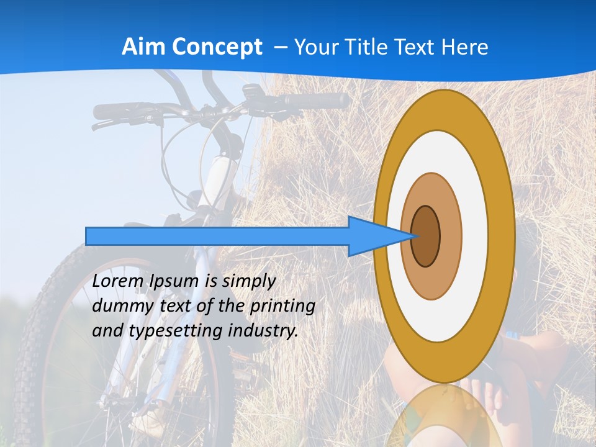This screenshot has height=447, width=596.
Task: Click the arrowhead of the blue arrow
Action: coord(379,236)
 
